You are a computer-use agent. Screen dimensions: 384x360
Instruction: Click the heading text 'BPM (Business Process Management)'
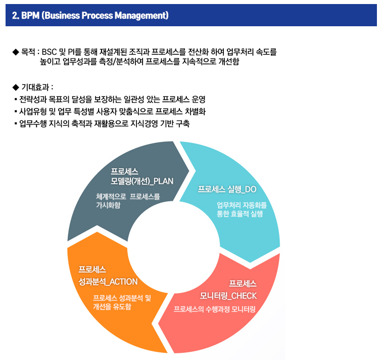pos(95,16)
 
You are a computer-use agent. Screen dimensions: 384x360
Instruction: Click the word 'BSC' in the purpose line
pos(49,52)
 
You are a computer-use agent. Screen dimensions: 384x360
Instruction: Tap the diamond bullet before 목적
pos(16,52)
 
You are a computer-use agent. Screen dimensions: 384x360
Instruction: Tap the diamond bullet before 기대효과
pos(16,87)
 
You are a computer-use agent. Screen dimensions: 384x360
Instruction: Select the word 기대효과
pos(35,87)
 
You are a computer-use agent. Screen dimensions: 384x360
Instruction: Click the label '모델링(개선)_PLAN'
pos(142,181)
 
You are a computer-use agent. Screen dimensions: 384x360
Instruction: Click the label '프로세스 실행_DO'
pos(227,189)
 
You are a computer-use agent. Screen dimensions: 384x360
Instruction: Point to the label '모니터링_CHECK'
pos(228,296)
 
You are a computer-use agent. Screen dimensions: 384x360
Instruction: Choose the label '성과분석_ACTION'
pos(108,282)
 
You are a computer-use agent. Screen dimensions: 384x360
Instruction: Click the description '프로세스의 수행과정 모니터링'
pos(215,310)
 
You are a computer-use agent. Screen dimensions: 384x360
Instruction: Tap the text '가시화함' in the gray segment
pos(108,205)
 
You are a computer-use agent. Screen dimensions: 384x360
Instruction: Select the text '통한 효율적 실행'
pos(240,214)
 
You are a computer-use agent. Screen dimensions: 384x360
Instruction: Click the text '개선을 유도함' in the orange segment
pos(112,306)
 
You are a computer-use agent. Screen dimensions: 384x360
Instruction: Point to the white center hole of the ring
pos(174,247)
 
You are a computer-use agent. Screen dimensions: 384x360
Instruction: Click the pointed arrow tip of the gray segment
pos(189,170)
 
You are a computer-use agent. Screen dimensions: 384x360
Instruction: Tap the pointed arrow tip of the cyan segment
pos(250,262)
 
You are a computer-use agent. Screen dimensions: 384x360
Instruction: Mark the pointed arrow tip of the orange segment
pos(97,232)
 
